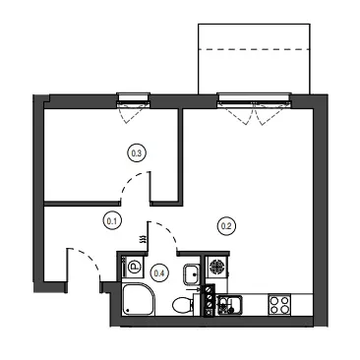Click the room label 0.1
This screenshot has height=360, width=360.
coord(112,221)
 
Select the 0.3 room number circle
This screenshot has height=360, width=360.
coord(136,153)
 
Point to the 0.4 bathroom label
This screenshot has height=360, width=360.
coord(159,272)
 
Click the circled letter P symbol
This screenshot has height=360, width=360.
coord(134,267)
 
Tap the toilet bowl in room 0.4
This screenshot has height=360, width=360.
coord(182,306)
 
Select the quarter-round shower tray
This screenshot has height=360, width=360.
coord(138,299)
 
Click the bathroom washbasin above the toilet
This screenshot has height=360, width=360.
coord(192,274)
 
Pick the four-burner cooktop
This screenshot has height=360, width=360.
coord(279,305)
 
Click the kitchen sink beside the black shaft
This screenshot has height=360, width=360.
coord(230,305)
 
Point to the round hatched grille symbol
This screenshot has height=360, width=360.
coord(216,267)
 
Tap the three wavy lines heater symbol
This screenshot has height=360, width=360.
coord(143,239)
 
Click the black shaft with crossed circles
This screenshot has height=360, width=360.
coord(209,300)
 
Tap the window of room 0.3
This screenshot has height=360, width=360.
coord(134,100)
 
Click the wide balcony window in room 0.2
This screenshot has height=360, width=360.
coord(254,99)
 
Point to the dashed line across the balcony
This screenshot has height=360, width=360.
coord(254,49)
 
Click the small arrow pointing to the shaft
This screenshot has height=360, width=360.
coord(195,289)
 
